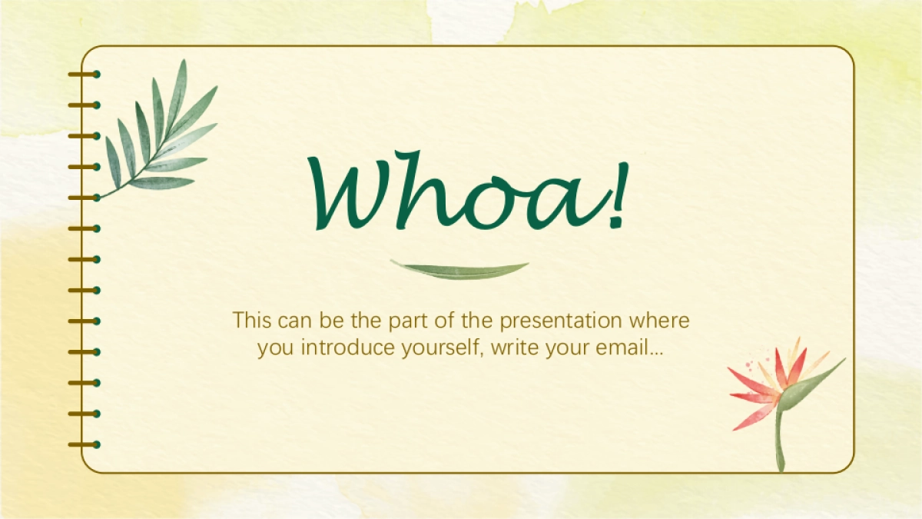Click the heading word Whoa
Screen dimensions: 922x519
pos(458,191)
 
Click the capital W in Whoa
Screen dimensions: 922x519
pos(350,194)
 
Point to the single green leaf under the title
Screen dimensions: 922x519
pos(459,270)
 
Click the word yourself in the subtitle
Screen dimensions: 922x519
pos(442,348)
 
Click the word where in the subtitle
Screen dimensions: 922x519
pos(658,321)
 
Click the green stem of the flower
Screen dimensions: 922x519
pos(779,441)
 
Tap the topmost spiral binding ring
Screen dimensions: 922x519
pos(85,74)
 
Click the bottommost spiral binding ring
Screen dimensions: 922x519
pos(85,444)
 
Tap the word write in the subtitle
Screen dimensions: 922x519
pos(515,348)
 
